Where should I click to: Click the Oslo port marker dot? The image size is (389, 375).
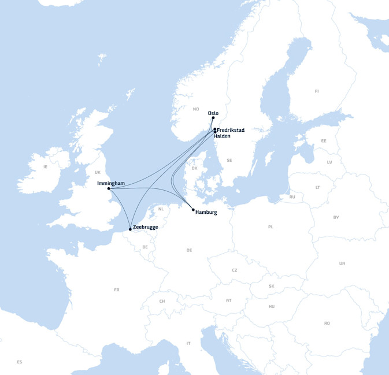coord(213,118)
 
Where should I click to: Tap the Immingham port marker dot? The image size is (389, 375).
coord(109,188)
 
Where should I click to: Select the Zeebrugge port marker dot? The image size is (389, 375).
coord(130,229)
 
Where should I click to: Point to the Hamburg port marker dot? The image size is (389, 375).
coord(193,210)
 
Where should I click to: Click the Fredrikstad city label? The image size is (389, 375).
coord(231,130)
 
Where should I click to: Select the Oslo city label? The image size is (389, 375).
coord(213,113)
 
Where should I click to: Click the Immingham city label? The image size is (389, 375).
coord(111,183)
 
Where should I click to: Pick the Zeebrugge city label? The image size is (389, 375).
coord(145,227)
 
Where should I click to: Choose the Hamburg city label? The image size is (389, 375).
coord(206,213)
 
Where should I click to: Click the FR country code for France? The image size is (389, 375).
coord(117,289)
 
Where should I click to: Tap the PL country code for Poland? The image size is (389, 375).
coord(271,227)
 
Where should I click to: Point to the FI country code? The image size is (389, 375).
coord(317,91)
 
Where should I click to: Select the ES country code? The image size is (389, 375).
coord(20,362)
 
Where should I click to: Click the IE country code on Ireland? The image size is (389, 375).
coord(45,167)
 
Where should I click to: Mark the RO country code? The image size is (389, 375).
coord(327,323)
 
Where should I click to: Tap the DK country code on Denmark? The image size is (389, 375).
coord(194,168)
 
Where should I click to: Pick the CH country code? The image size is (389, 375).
coord(162,301)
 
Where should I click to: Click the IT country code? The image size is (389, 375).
coord(188,343)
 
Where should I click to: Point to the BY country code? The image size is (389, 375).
coord(336,217)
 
